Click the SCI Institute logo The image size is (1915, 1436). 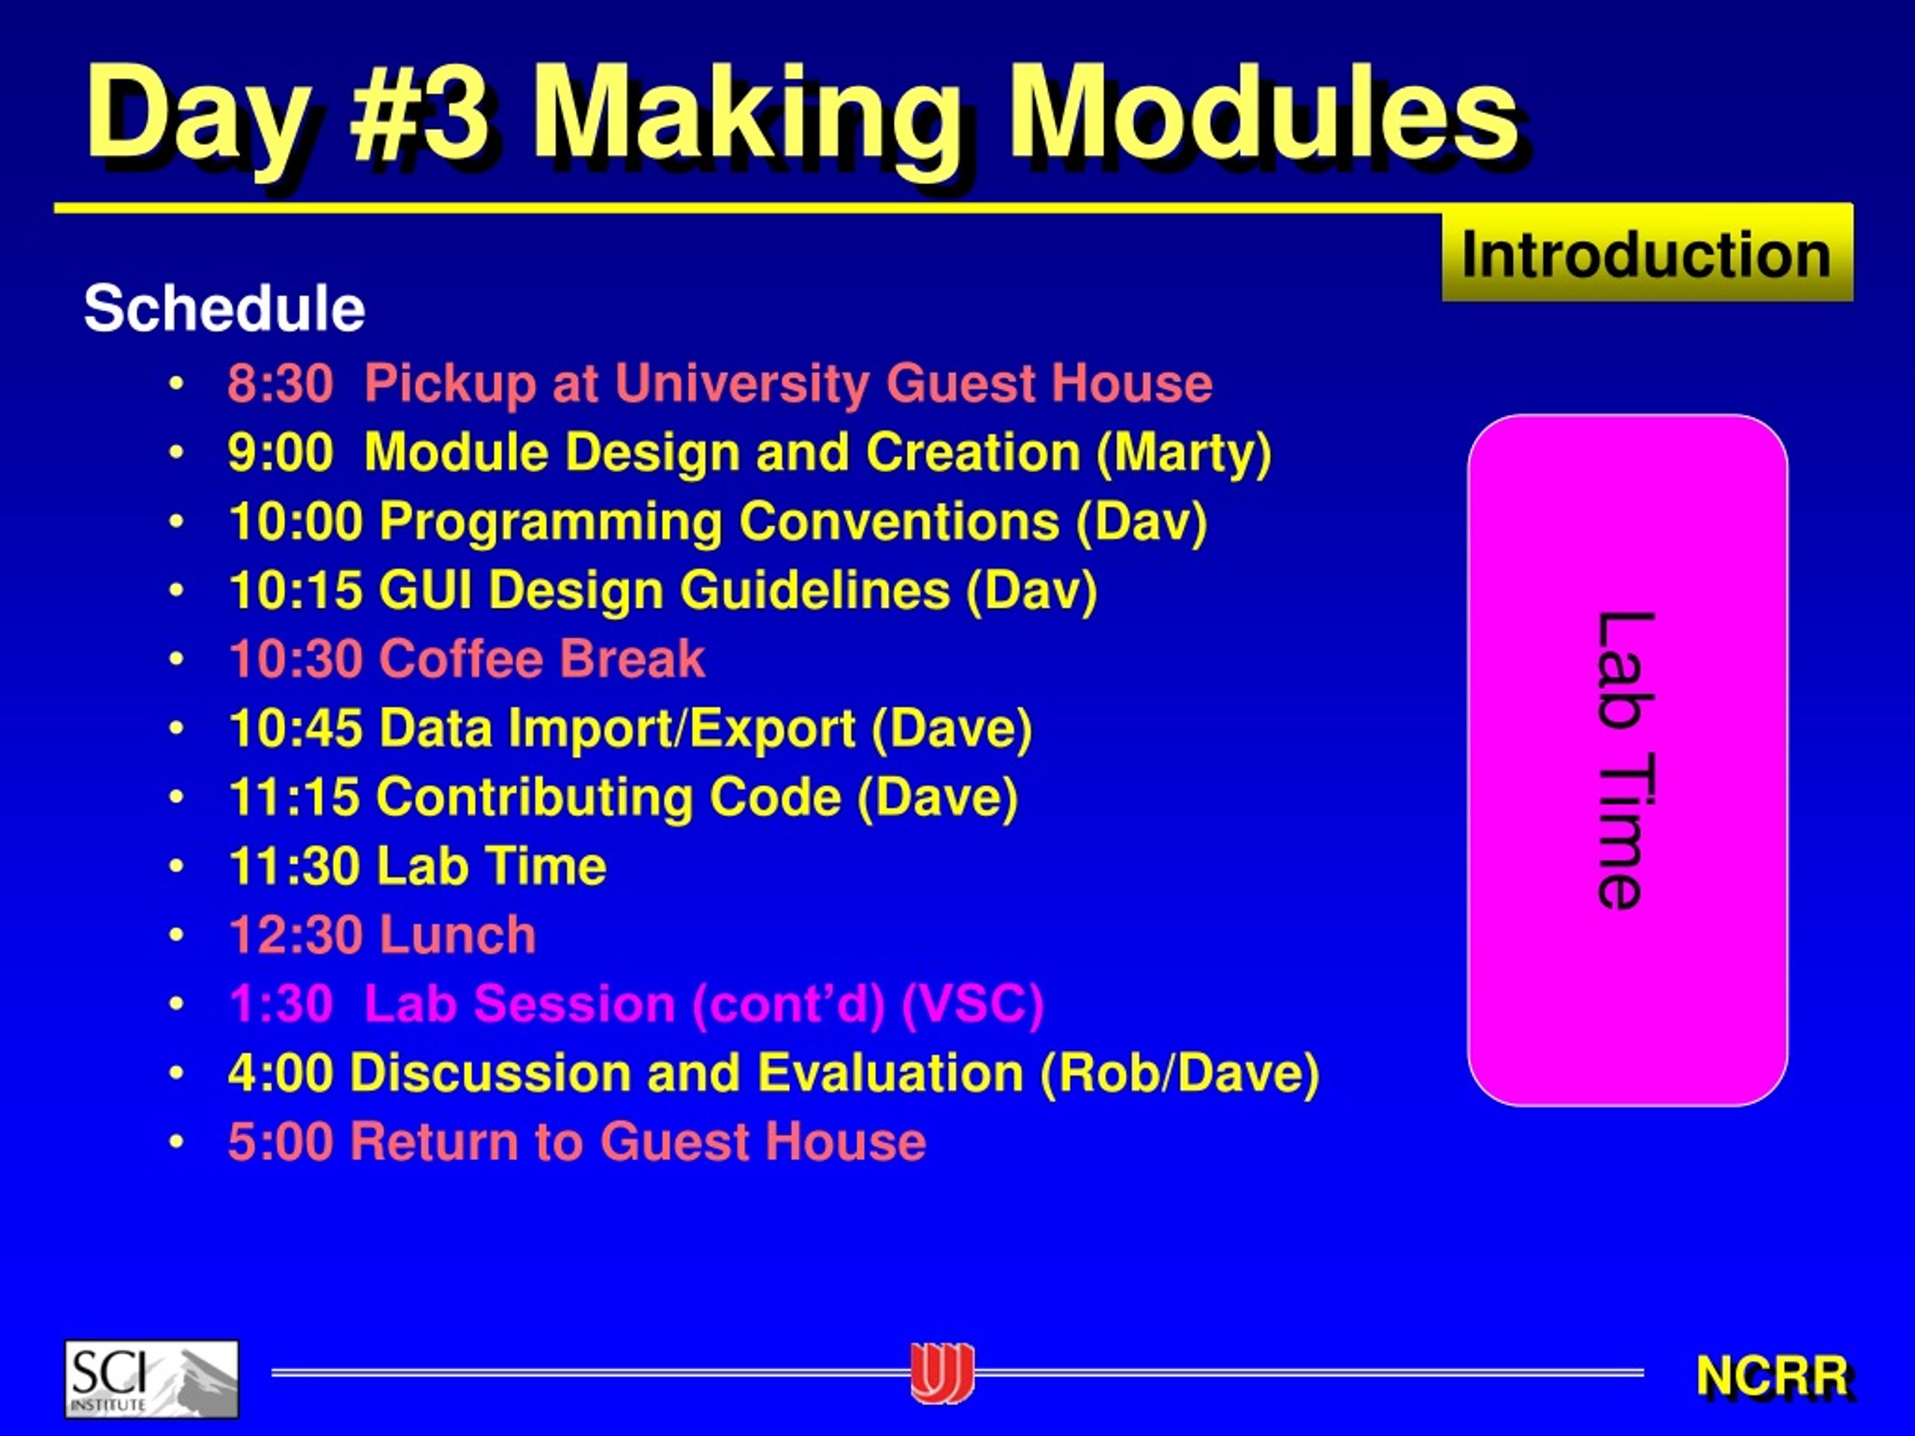pos(152,1379)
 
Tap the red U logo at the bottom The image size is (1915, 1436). pos(942,1373)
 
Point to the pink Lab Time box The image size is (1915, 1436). pos(1628,760)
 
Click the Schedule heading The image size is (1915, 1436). pos(224,308)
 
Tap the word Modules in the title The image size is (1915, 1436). pos(1263,115)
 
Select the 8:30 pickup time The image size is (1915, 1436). pos(281,384)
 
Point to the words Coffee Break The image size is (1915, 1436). pos(542,659)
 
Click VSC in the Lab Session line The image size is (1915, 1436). pos(973,1004)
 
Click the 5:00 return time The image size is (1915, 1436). pos(281,1142)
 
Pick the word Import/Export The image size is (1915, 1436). pos(682,728)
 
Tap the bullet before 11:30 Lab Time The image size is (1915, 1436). pos(177,865)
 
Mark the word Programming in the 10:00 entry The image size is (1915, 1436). pos(551,522)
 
